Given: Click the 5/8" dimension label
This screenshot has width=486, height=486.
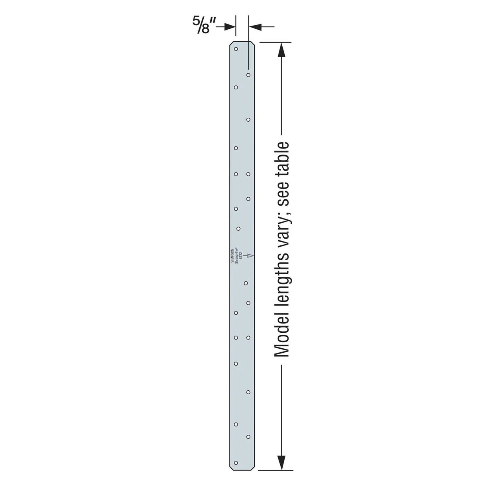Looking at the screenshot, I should pyautogui.click(x=205, y=26).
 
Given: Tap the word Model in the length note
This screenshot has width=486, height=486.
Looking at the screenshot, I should pyautogui.click(x=281, y=336).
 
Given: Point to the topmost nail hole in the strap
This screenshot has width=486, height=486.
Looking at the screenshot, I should pyautogui.click(x=236, y=49).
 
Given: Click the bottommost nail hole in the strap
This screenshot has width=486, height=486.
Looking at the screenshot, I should pyautogui.click(x=236, y=463).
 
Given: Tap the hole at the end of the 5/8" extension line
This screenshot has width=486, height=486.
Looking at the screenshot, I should pyautogui.click(x=248, y=74).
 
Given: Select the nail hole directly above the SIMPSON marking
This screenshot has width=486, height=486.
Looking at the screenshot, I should pyautogui.click(x=238, y=229).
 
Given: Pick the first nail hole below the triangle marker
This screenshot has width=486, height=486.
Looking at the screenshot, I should pyautogui.click(x=246, y=283).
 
